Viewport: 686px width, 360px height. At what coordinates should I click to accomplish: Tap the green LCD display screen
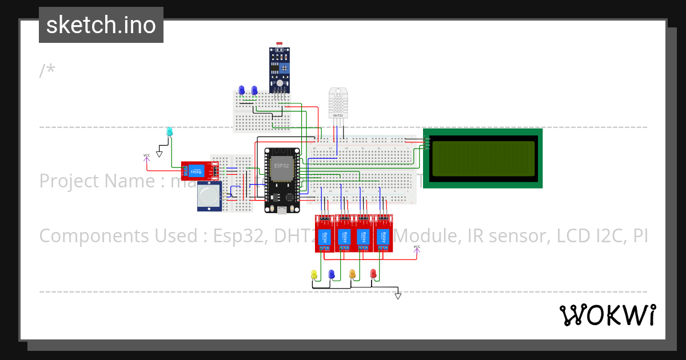tap(483, 158)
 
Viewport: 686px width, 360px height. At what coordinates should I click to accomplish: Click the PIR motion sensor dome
tap(209, 197)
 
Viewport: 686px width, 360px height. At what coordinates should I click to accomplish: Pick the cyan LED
tap(169, 131)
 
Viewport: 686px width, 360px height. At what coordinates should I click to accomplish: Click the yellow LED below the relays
tap(313, 275)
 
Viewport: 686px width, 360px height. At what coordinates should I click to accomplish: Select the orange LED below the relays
tap(352, 274)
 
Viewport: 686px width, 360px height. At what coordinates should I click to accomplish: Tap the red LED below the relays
tap(373, 274)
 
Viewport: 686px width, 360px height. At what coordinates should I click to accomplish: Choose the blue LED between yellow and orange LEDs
tap(331, 274)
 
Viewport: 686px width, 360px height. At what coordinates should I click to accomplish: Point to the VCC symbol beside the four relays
tap(417, 249)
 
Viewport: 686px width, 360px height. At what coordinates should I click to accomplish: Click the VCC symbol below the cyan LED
tap(147, 157)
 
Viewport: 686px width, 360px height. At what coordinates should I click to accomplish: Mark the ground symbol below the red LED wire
tap(398, 295)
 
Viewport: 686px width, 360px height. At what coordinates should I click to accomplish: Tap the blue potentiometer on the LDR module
tap(284, 68)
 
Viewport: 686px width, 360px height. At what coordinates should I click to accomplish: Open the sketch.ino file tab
tap(101, 25)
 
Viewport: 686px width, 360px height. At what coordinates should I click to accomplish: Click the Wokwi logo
tap(607, 315)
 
